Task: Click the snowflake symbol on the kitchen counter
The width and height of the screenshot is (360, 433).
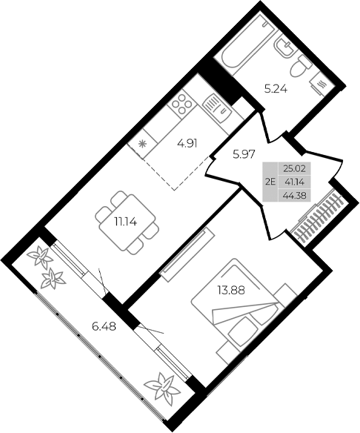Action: (x=141, y=144)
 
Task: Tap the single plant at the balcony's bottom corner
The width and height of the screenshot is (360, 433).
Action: (x=161, y=386)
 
